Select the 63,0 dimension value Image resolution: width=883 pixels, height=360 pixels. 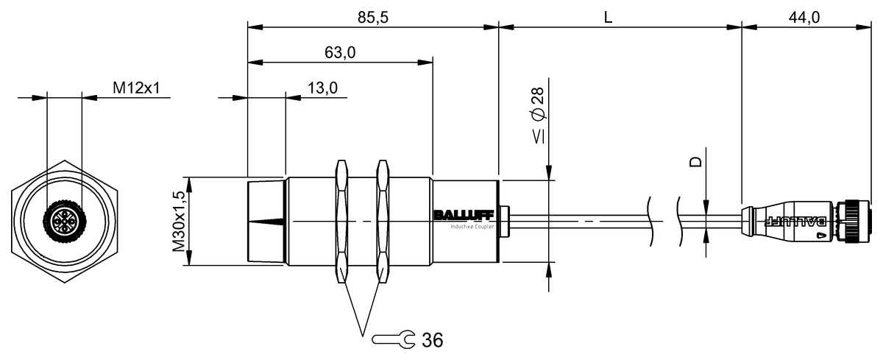(x=340, y=52)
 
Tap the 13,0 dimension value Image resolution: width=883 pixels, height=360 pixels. (x=322, y=88)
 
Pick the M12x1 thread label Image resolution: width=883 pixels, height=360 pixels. (x=136, y=88)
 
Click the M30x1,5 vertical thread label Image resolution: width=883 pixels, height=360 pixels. (x=178, y=222)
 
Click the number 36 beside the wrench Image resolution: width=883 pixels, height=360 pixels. (x=433, y=340)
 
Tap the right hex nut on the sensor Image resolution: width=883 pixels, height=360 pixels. (x=383, y=221)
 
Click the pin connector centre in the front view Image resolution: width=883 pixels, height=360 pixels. (x=64, y=221)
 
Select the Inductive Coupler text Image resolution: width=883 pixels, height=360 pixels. (x=473, y=226)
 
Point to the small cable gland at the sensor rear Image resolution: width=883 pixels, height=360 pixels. (x=504, y=221)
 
